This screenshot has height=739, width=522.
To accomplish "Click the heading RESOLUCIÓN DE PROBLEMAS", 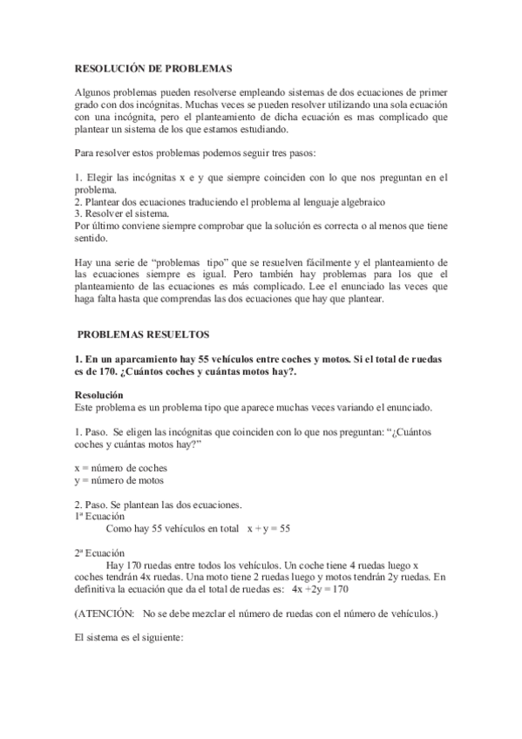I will point(153,66).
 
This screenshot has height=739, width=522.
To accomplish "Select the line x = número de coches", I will point(120,467).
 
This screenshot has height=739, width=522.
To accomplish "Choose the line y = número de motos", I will point(119,479).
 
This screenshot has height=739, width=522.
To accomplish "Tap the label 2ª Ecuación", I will point(100,553).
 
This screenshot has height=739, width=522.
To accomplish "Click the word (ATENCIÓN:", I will point(104,614).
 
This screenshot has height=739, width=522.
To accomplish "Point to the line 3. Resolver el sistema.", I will point(123,212).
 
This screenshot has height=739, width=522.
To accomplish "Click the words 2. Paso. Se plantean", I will point(122,505).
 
